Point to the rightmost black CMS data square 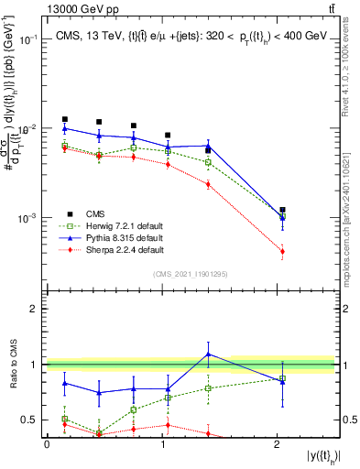[x=282, y=210]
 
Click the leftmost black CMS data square [x=64, y=119]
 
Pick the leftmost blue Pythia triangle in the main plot [x=64, y=128]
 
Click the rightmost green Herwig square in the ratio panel [x=282, y=377]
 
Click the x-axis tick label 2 [x=278, y=443]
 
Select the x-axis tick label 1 [x=162, y=443]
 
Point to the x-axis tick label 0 [x=47, y=443]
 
